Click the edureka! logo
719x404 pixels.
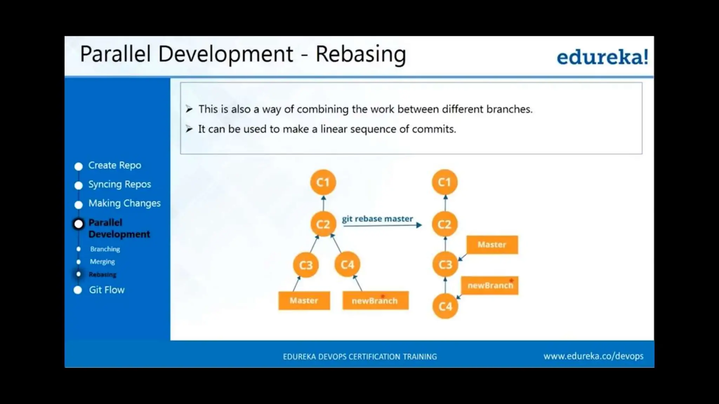602,57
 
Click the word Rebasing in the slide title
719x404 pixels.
361,54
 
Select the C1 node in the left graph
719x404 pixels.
323,182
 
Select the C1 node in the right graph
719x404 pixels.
444,182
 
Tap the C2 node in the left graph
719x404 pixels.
323,224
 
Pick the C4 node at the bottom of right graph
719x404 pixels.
445,307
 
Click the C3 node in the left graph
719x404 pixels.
306,265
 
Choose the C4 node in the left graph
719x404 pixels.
347,264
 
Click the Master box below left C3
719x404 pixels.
304,301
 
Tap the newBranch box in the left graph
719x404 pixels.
375,301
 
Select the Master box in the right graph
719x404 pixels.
492,244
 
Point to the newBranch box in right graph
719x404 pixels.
490,285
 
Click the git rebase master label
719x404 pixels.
377,219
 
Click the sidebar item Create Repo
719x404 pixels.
114,165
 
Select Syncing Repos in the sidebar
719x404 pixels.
119,184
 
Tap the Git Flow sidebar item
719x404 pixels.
106,290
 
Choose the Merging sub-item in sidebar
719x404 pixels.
102,262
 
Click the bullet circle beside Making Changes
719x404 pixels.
79,204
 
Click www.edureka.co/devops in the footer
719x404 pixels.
593,356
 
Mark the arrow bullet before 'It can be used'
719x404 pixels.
189,129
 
